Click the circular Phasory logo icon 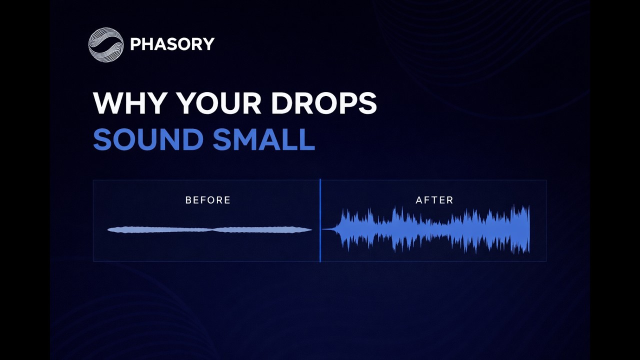(x=105, y=45)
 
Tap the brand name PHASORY (x=172, y=44)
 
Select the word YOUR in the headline (x=218, y=103)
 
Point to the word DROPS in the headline (x=323, y=103)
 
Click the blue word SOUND (x=148, y=139)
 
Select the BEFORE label (x=208, y=200)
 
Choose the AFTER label (x=434, y=200)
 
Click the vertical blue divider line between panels (x=320, y=220)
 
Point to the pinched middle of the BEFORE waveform (x=213, y=229)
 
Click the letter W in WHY (x=107, y=103)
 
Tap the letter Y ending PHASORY (x=209, y=44)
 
